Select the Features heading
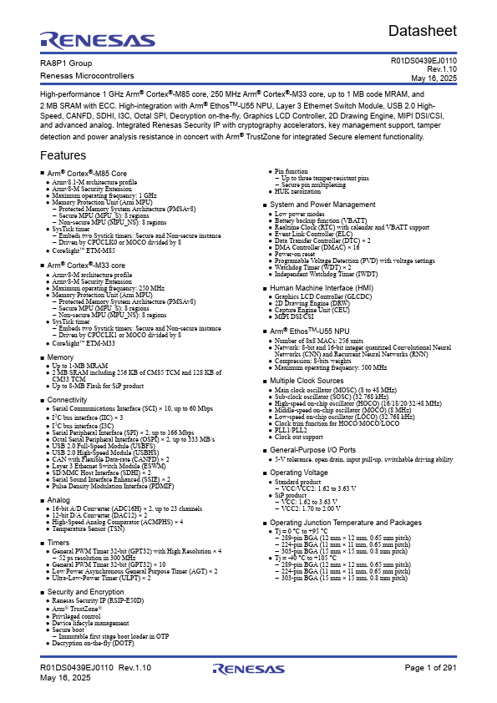click(x=63, y=156)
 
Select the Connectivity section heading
click(x=68, y=400)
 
